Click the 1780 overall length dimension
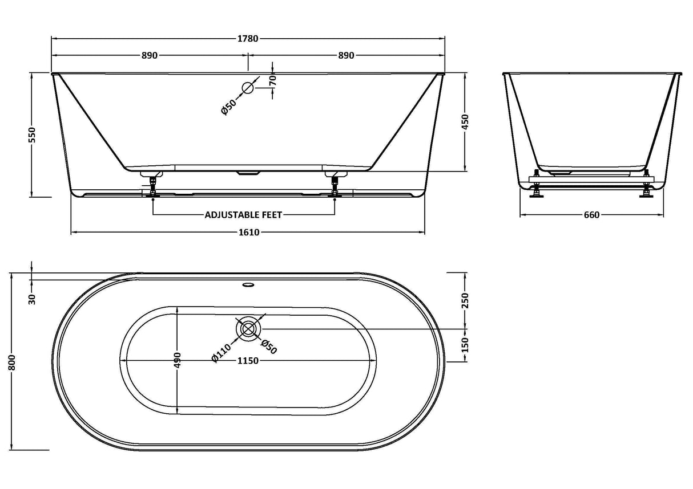[x=248, y=39]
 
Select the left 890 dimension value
[x=150, y=56]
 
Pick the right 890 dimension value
[x=346, y=56]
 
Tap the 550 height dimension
[x=32, y=135]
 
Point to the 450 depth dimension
[x=465, y=122]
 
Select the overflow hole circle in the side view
[x=248, y=88]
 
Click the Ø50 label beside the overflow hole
[x=229, y=106]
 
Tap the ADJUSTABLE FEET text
[x=244, y=215]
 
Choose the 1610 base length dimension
[x=249, y=233]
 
